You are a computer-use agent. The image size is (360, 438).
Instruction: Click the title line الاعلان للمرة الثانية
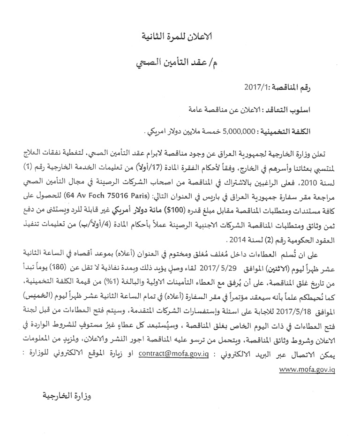(x=180, y=37)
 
